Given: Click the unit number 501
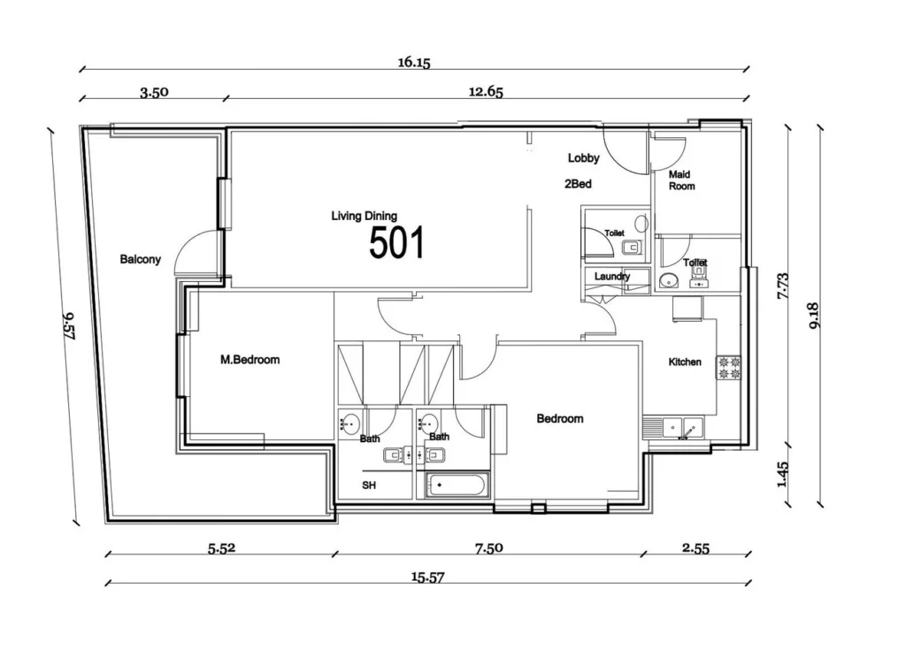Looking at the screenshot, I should tap(396, 242).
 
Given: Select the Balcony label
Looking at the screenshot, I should tap(141, 260).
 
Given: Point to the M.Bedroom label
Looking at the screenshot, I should tap(250, 360).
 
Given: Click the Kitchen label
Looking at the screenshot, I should tap(685, 363).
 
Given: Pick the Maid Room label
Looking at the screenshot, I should tap(681, 180).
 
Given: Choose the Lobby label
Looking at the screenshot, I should tap(584, 158).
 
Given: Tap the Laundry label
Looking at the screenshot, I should tap(612, 277).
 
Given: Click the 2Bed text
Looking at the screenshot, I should tap(578, 186).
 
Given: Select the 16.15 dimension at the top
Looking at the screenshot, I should tap(413, 63).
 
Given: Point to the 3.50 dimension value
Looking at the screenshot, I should tap(154, 91).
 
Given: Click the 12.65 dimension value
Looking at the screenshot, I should tap(487, 91).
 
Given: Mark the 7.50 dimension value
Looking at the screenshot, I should tap(488, 548).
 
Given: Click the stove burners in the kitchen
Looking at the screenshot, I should tap(728, 368).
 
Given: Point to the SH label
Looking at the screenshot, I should tap(369, 486).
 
